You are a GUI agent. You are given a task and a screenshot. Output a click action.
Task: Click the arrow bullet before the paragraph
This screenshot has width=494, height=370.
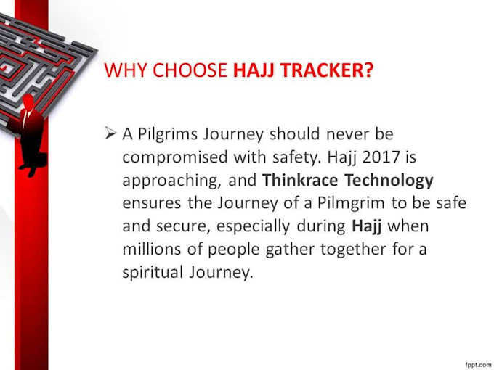[x=110, y=133]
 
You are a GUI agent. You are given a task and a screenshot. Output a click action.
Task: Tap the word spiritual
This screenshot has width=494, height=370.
[x=150, y=273]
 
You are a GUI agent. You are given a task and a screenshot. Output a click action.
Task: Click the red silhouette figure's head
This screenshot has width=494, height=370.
[x=28, y=99]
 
